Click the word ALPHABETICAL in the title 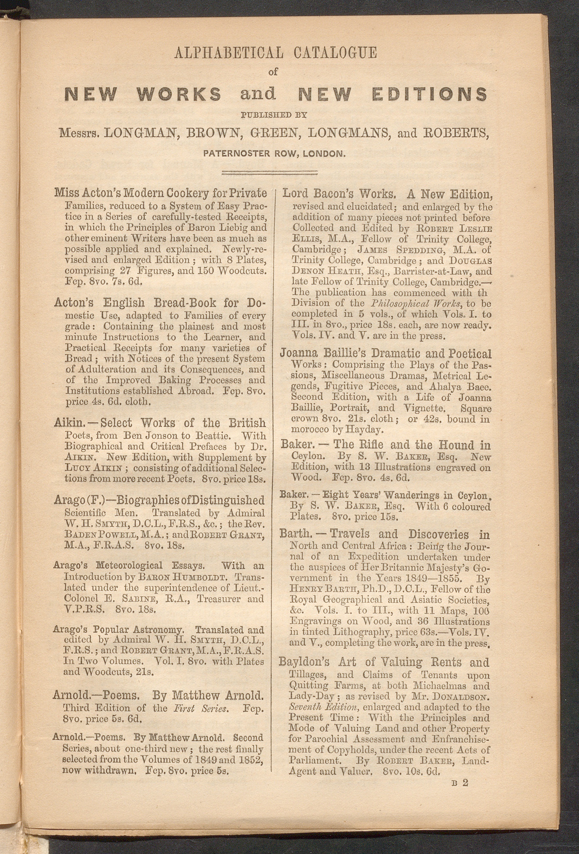[x=229, y=53]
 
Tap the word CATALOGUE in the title [x=335, y=53]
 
